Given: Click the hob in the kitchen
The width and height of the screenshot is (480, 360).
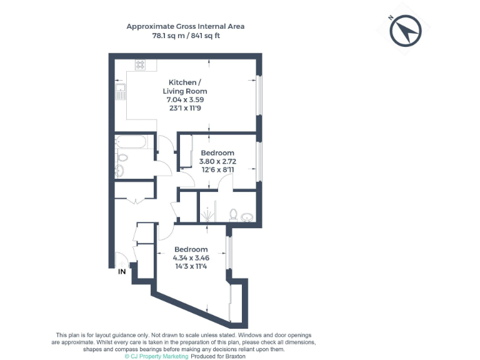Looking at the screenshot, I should coord(141,64).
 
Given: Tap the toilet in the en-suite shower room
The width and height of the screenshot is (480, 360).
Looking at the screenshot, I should coord(232,215).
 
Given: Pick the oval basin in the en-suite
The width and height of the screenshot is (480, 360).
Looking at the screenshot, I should coord(248,217).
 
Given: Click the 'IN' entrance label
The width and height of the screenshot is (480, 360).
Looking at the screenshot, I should coord(122,272).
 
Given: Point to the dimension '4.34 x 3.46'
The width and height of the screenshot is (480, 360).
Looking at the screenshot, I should coord(191,257).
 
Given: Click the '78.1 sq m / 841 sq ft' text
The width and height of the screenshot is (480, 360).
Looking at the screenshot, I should coord(186,36).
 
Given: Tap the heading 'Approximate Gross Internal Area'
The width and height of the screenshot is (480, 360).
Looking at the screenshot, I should coord(186,26).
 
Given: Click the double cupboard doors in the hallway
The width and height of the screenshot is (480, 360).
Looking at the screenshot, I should coord(135,201).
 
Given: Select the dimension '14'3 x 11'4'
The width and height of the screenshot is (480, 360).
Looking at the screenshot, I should coord(191,266).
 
